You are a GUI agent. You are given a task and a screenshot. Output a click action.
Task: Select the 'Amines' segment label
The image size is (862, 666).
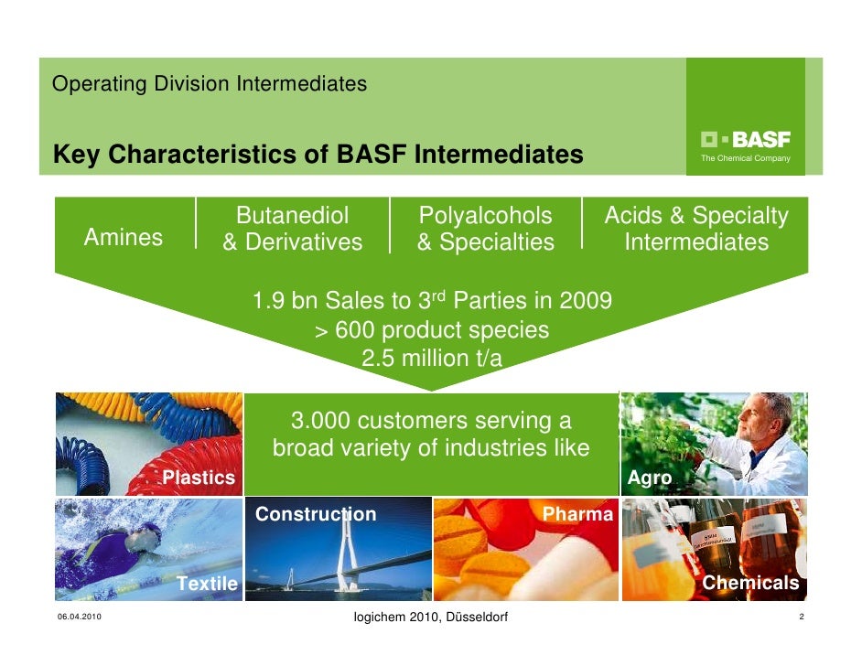pyautogui.click(x=124, y=238)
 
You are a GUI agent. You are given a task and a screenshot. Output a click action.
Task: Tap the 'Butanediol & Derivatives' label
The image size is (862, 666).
pyautogui.click(x=293, y=229)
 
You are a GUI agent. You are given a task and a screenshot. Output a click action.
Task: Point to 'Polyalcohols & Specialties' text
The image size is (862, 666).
pyautogui.click(x=485, y=229)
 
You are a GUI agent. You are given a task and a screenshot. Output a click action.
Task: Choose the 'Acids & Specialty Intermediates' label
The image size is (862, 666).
pyautogui.click(x=696, y=229)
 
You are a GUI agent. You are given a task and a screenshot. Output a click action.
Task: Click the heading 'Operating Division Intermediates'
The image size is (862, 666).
pyautogui.click(x=210, y=84)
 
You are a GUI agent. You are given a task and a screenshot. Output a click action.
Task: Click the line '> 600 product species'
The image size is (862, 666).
pyautogui.click(x=432, y=330)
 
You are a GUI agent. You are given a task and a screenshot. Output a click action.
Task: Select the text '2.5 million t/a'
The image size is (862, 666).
pyautogui.click(x=432, y=358)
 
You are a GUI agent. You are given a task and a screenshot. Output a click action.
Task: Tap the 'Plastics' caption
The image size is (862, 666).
pyautogui.click(x=199, y=478)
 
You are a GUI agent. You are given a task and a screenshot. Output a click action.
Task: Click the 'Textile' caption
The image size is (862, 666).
pyautogui.click(x=207, y=583)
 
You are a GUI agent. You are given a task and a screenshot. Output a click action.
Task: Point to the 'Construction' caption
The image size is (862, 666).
pyautogui.click(x=316, y=514)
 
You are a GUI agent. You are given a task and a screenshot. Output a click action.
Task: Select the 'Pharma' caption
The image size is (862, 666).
pyautogui.click(x=577, y=514)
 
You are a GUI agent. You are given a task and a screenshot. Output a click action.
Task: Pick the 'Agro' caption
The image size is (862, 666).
pyautogui.click(x=650, y=478)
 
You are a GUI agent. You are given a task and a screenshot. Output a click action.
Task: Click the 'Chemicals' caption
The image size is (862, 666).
pyautogui.click(x=750, y=583)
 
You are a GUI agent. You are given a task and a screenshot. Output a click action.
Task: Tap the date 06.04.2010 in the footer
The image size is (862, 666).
pyautogui.click(x=77, y=619)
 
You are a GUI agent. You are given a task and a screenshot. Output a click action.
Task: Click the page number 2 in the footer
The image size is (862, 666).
pyautogui.click(x=801, y=619)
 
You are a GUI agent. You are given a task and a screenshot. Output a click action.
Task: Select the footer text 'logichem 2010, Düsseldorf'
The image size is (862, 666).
pyautogui.click(x=430, y=619)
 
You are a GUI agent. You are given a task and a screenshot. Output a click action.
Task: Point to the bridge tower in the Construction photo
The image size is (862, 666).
pyautogui.click(x=349, y=549)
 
